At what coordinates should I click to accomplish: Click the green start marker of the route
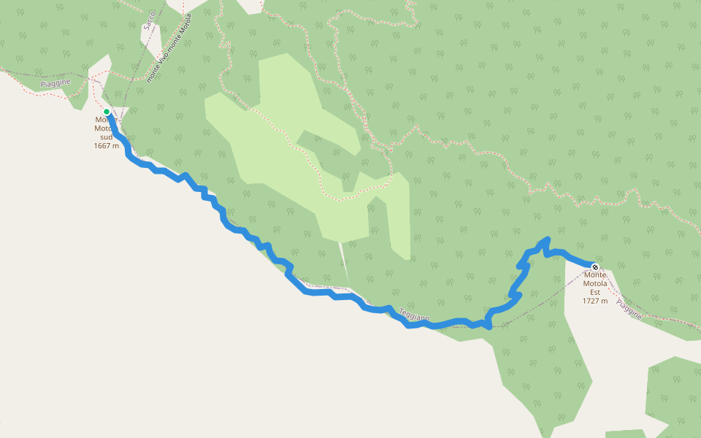107,112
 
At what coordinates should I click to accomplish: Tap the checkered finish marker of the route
595,267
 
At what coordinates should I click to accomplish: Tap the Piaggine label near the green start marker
55,83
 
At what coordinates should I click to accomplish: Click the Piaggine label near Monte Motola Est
629,309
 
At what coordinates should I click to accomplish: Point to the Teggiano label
414,315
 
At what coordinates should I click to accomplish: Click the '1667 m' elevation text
107,145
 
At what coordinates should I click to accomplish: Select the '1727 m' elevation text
595,301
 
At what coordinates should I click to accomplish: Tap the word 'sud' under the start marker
107,137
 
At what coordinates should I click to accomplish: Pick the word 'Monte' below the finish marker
595,275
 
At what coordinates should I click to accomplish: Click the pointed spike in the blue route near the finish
547,239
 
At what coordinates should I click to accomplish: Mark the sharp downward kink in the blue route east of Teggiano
488,326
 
